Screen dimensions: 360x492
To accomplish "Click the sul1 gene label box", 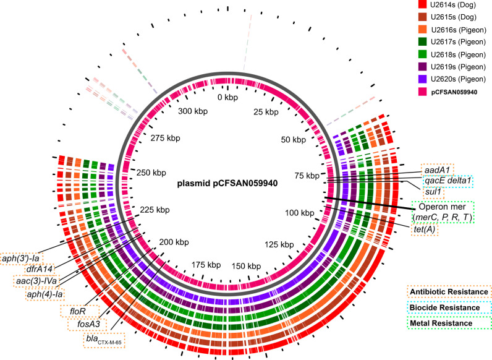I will [x=434, y=192].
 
